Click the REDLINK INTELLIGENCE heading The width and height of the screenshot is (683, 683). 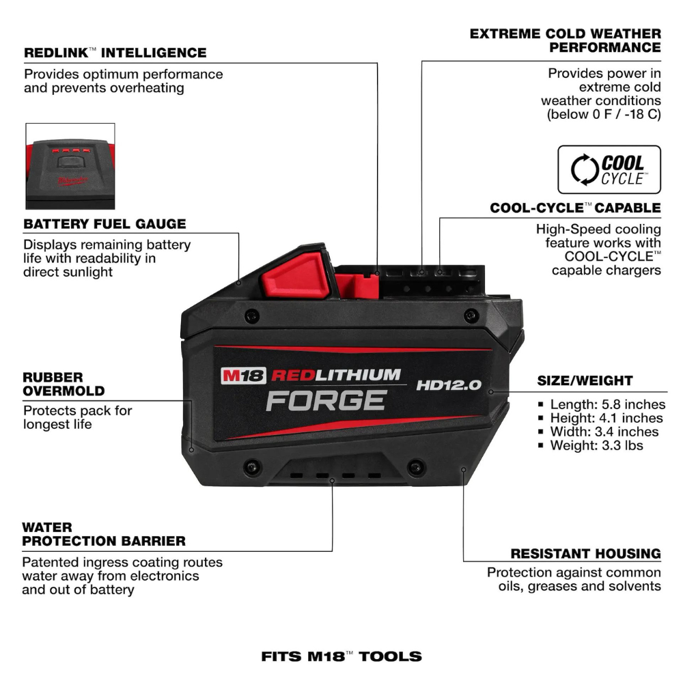[x=115, y=53]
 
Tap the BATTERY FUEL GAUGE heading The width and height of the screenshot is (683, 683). [x=104, y=224]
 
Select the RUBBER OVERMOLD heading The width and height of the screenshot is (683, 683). [x=64, y=384]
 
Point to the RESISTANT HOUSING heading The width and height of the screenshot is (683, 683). [x=585, y=553]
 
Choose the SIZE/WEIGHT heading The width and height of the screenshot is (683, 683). [x=585, y=380]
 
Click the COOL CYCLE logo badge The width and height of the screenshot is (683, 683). [x=609, y=169]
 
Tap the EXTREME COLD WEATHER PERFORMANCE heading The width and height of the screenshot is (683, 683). [x=566, y=40]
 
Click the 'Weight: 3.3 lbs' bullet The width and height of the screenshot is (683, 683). [x=596, y=445]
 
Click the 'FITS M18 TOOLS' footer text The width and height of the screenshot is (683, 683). [x=341, y=657]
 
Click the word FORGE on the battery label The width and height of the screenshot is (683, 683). [x=326, y=400]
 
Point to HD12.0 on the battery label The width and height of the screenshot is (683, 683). [x=449, y=385]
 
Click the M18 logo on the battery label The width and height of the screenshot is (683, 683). [x=243, y=375]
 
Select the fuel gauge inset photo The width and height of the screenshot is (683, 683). [x=70, y=166]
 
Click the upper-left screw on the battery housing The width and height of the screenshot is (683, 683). [x=252, y=316]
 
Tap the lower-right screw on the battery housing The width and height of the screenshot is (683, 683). [x=415, y=467]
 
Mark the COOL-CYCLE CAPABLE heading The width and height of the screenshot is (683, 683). [x=575, y=208]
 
